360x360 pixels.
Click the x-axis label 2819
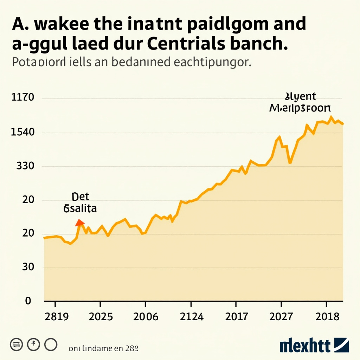coord(56,317)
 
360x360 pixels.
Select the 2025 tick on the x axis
coord(101,317)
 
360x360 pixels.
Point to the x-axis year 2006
coord(146,317)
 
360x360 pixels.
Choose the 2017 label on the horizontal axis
coord(236,317)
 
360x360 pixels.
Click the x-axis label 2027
coord(281,317)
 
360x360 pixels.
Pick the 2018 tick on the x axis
coord(327,317)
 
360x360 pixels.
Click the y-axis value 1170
coord(23,97)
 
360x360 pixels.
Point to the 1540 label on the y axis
coord(23,133)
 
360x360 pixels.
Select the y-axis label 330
coord(25,166)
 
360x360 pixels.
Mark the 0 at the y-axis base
coord(28,301)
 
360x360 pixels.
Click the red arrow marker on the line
coord(80,222)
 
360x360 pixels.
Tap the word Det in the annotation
coord(80,197)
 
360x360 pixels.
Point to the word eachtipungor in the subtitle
coord(212,62)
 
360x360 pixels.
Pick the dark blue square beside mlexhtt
coord(341,345)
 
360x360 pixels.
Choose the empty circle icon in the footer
coord(50,344)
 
